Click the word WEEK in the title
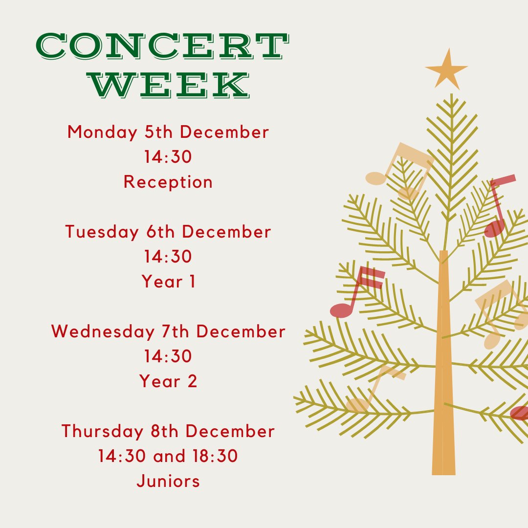click(x=171, y=85)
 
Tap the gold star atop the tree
click(x=446, y=69)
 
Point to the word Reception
click(x=168, y=182)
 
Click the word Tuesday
click(x=102, y=232)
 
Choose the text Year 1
click(x=169, y=282)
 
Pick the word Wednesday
click(x=102, y=331)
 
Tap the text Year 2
click(x=169, y=381)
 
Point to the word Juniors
click(x=168, y=481)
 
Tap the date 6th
click(x=160, y=232)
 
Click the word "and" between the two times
click(x=170, y=456)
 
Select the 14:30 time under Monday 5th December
click(x=168, y=157)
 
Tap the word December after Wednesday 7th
click(x=241, y=331)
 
